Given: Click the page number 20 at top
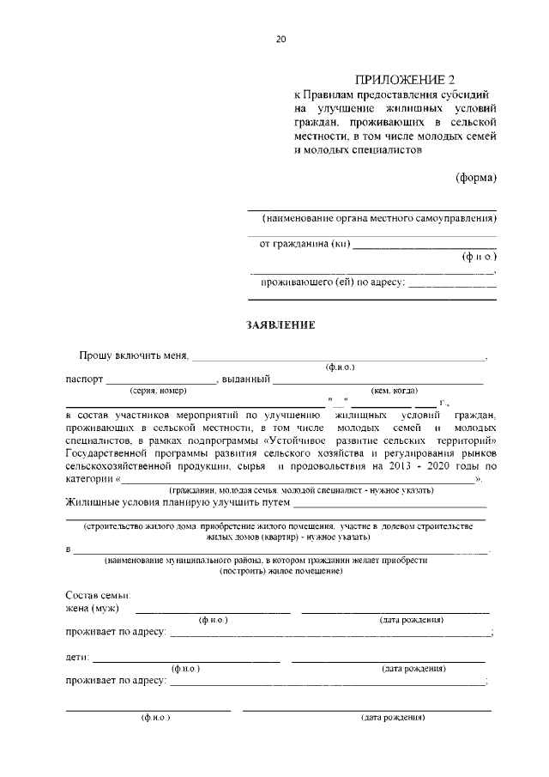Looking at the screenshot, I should [x=281, y=38].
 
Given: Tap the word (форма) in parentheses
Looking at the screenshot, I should [x=476, y=178].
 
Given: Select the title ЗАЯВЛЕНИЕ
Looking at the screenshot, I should [x=281, y=325].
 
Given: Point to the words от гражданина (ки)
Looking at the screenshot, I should [x=305, y=244].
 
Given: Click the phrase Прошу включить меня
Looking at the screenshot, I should [x=134, y=355].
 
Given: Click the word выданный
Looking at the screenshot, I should [x=246, y=379].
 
